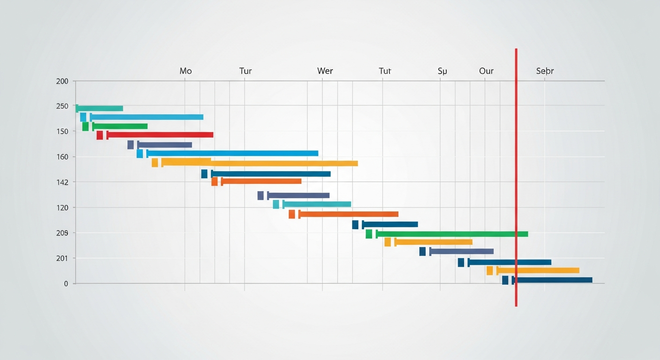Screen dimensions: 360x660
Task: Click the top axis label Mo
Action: click(186, 71)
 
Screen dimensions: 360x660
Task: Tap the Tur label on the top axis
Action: click(245, 71)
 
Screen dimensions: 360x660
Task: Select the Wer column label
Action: click(325, 71)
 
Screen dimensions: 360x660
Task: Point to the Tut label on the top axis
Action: click(385, 71)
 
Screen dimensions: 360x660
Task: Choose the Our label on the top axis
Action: click(486, 71)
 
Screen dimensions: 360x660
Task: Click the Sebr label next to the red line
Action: click(545, 71)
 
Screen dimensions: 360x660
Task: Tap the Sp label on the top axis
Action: click(442, 71)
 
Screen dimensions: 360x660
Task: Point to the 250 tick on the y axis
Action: click(62, 106)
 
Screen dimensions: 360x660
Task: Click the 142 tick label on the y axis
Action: click(62, 182)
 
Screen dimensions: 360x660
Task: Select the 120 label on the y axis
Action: click(62, 207)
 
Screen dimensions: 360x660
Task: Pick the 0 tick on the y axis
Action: click(66, 284)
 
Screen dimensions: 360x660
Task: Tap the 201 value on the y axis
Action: click(62, 258)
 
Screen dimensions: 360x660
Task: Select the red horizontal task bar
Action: click(160, 135)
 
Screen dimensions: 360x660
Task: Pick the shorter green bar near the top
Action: click(120, 126)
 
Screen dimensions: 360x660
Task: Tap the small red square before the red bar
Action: click(99, 135)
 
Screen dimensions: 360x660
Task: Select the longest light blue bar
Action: click(232, 153)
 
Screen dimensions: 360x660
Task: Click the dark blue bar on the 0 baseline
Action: click(553, 280)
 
